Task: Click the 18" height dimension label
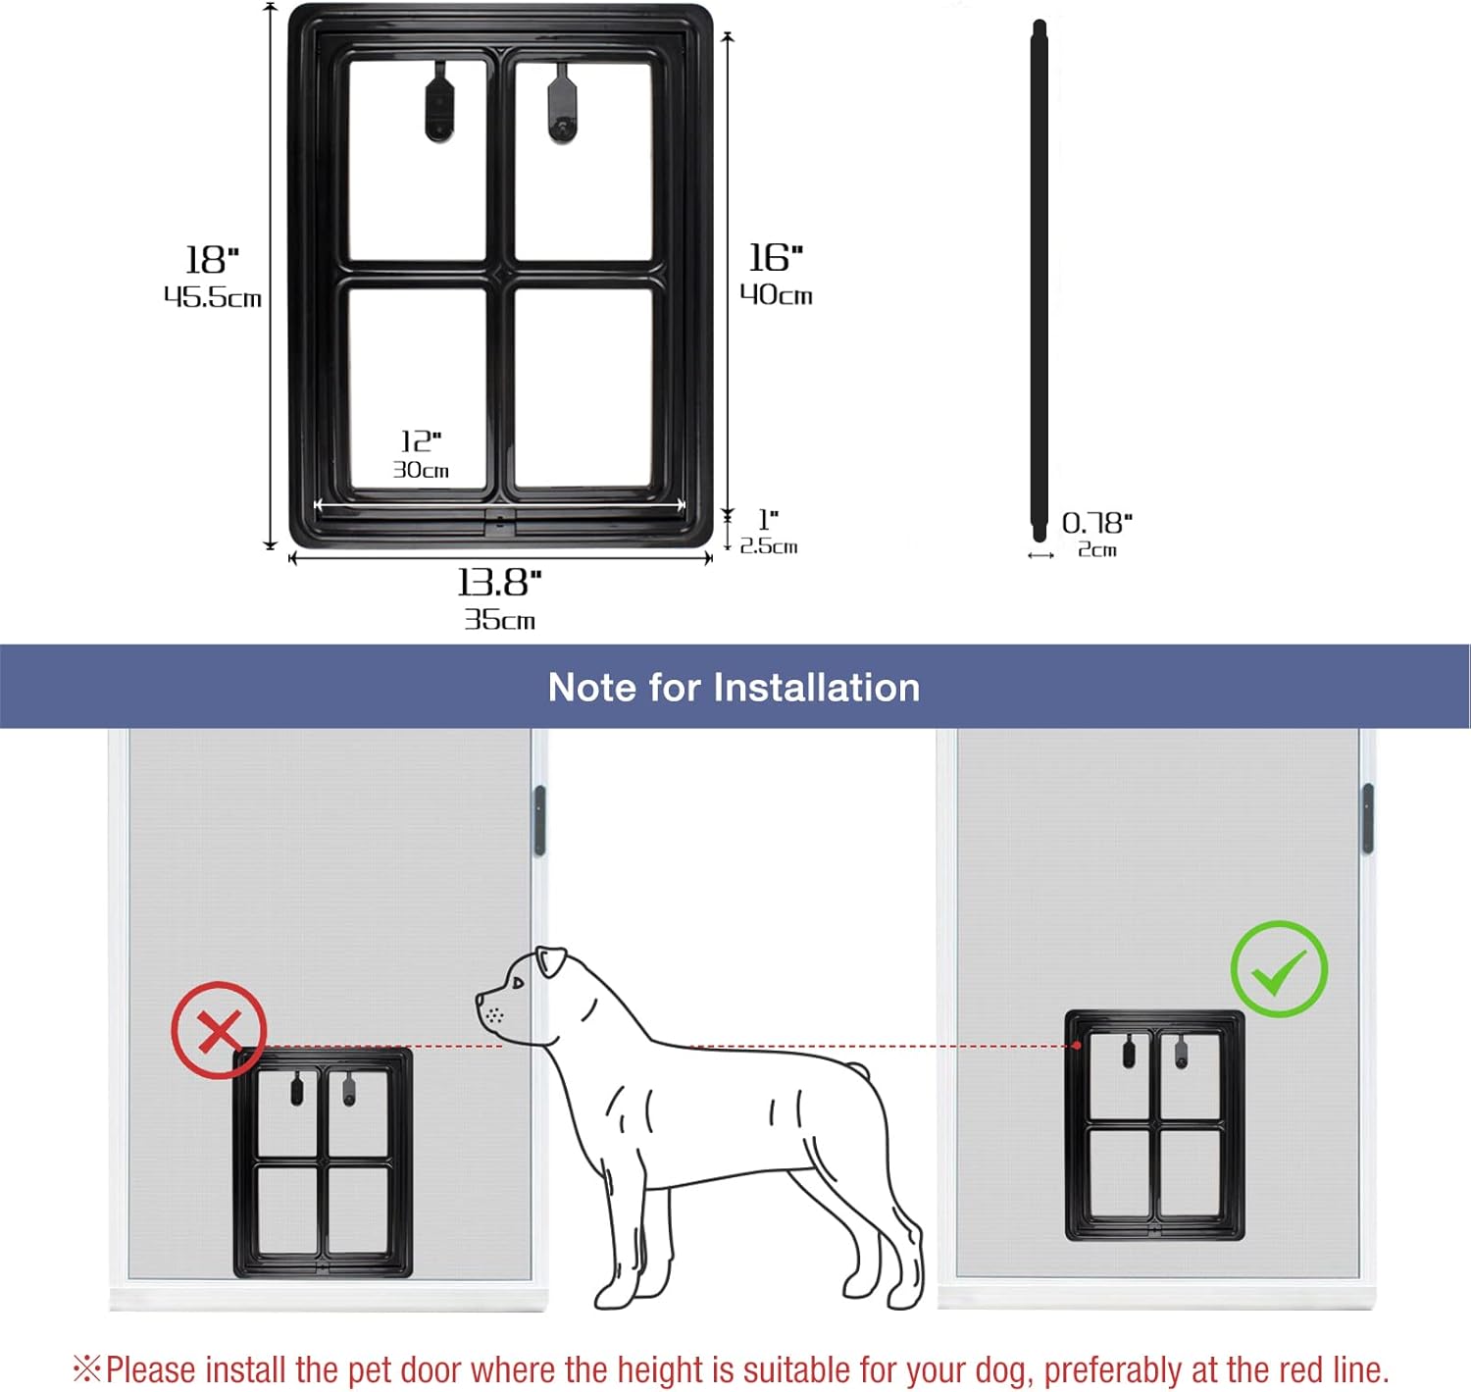pos(213,260)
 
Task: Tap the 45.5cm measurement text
pos(213,297)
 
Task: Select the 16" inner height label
pos(776,257)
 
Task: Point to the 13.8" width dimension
pos(499,583)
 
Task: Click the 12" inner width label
pos(421,440)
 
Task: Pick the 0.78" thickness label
pos(1097,523)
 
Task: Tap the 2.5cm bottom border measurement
pos(769,546)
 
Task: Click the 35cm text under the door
pos(499,620)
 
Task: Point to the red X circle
pos(219,1031)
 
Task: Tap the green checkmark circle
pos(1280,968)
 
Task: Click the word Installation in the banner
pos(816,687)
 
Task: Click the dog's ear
pos(551,961)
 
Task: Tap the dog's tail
pos(857,1071)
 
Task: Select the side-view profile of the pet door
pos(1039,281)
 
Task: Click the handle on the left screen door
pos(539,821)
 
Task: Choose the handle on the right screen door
pos(1368,819)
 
